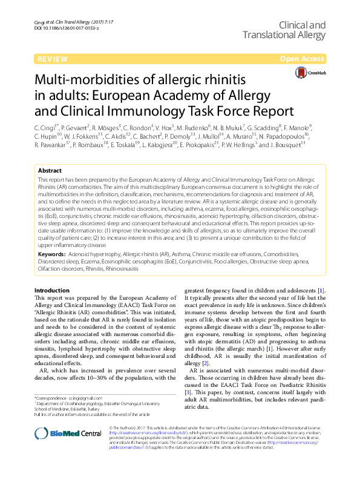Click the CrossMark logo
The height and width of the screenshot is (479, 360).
(309, 73)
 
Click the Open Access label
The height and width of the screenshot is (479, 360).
(300, 59)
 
